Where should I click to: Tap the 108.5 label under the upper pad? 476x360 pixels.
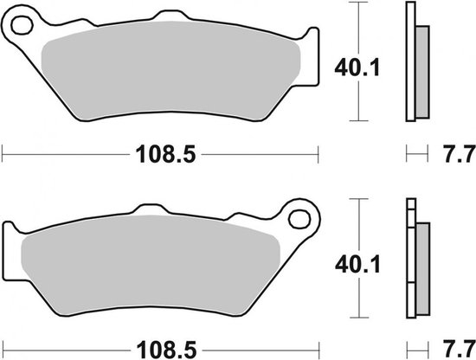tap(161, 156)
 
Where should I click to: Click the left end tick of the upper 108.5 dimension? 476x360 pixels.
tap(3, 156)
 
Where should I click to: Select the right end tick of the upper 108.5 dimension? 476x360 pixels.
tap(318, 156)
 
